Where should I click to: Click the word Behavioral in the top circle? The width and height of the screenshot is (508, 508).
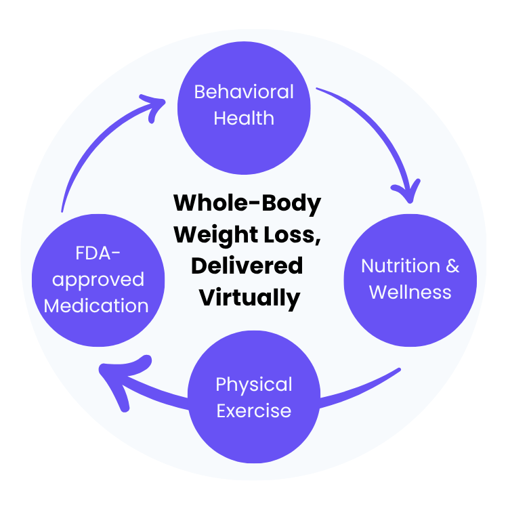coord(244,91)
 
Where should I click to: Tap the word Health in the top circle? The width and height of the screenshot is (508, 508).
coord(244,118)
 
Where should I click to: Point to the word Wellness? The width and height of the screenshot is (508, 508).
coord(410,292)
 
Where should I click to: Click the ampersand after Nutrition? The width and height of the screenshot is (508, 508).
coord(451,266)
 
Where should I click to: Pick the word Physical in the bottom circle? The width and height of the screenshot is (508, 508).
coord(254,385)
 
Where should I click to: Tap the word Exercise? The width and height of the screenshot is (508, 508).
coord(254,410)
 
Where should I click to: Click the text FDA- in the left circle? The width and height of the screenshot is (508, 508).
coord(96,254)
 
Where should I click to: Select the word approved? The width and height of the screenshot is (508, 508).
coord(96,280)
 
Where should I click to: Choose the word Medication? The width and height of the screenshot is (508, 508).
coord(96,305)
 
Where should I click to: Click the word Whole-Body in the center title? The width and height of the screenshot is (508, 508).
coord(247,203)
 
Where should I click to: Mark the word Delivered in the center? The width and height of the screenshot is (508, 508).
coord(247,266)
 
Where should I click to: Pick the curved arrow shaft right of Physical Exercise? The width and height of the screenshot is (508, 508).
coord(359,390)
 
